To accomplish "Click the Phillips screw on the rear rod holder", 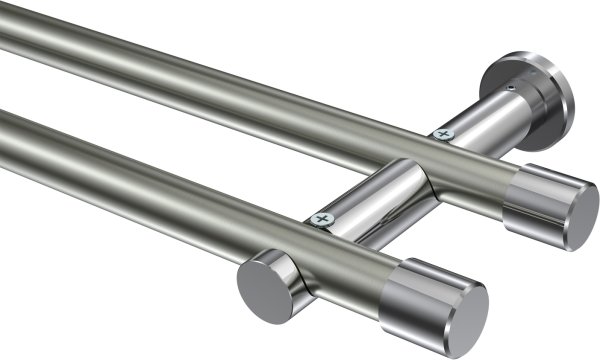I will [441, 133].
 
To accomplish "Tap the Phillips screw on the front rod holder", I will [320, 218].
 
